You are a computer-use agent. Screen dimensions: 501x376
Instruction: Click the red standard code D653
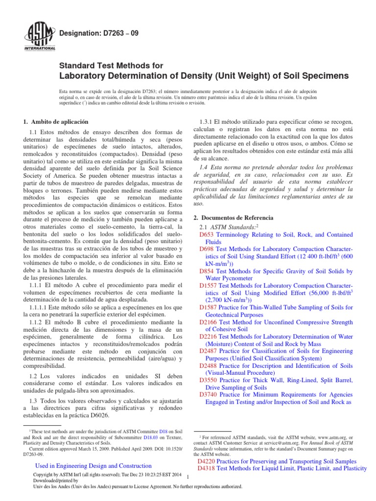(206, 234)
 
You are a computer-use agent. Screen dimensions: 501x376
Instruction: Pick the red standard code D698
(206, 249)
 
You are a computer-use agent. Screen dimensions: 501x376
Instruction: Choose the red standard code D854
(206, 271)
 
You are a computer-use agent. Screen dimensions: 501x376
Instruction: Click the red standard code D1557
(208, 285)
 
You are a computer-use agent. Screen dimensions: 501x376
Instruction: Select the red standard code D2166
(208, 322)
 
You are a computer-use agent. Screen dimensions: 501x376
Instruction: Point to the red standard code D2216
(208, 337)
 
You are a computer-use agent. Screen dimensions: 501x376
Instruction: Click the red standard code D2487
(208, 351)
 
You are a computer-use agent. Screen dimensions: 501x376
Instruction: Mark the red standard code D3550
(208, 380)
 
